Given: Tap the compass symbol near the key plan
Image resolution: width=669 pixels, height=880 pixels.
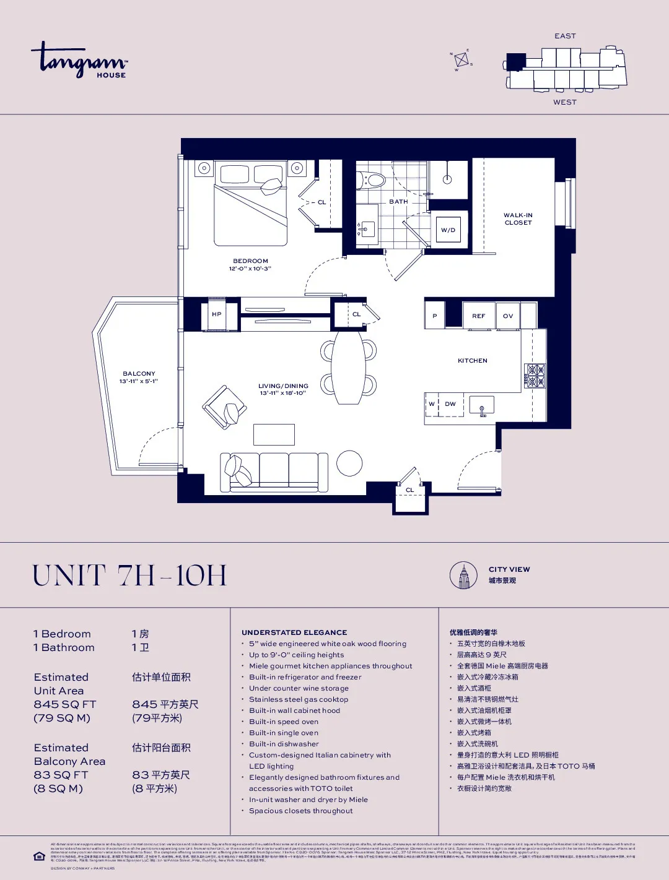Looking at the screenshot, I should (x=461, y=60).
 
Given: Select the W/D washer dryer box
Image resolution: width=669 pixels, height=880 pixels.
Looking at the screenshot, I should (x=448, y=230).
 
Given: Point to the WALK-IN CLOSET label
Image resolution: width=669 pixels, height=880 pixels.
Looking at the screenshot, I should (x=518, y=219).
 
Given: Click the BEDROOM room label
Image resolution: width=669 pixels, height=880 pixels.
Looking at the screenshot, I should (x=250, y=261).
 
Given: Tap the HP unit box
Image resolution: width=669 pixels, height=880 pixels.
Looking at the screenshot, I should (x=217, y=314).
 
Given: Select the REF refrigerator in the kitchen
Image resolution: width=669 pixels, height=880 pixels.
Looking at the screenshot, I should (x=478, y=316).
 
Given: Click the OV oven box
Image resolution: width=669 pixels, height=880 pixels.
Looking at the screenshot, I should (x=508, y=316).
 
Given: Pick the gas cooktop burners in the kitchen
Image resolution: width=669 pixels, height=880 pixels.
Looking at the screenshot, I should (x=535, y=376).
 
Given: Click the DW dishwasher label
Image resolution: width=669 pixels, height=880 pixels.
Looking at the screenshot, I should (x=450, y=404).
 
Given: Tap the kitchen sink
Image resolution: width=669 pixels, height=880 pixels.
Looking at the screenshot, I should (x=481, y=405).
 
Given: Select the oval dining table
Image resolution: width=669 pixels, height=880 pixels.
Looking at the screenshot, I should (x=348, y=368).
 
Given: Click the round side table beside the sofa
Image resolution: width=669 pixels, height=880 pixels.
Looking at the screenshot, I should (x=349, y=463).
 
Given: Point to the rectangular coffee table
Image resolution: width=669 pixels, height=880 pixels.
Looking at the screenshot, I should (x=274, y=434).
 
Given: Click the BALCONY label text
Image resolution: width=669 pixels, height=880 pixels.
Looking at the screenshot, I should (x=139, y=374).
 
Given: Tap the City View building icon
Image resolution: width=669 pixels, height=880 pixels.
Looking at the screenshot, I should (x=463, y=576).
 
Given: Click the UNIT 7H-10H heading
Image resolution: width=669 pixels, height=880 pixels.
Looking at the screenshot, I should (x=129, y=576).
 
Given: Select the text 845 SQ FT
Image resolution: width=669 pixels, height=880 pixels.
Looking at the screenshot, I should (x=65, y=704).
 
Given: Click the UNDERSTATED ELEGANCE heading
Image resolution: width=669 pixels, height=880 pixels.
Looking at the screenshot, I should (x=294, y=632).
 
